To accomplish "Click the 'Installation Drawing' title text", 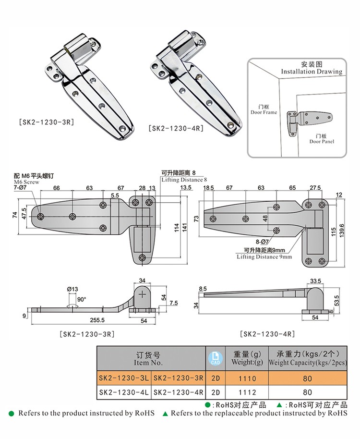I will [x=312, y=72].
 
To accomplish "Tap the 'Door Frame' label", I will [x=264, y=112].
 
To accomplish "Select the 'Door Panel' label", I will [x=321, y=141].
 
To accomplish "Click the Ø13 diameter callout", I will [x=72, y=289].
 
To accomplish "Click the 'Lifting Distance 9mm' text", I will [x=264, y=257].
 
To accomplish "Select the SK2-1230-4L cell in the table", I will [x=124, y=392].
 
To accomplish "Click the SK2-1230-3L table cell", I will [x=124, y=378].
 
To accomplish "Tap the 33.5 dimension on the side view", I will [x=315, y=281].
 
